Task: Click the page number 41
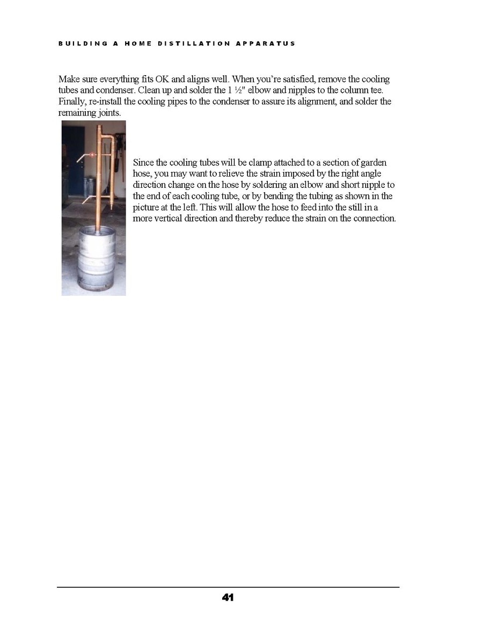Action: (x=228, y=597)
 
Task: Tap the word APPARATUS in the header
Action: (x=266, y=43)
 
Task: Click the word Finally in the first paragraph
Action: (x=70, y=102)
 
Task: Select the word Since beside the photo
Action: (x=143, y=162)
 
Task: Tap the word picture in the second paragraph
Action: (x=145, y=208)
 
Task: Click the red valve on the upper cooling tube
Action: (x=92, y=155)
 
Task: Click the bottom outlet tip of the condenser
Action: (x=111, y=209)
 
